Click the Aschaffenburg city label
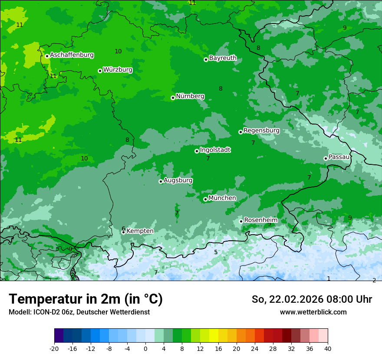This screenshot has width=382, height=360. pyautogui.click(x=72, y=55)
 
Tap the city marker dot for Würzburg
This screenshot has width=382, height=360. pyautogui.click(x=100, y=71)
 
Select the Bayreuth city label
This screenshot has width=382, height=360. pyautogui.click(x=223, y=58)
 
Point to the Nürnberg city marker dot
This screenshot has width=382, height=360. pyautogui.click(x=173, y=98)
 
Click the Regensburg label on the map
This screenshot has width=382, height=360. pyautogui.click(x=261, y=131)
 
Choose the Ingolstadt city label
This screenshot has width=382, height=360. pyautogui.click(x=215, y=150)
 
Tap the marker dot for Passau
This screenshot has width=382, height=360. pyautogui.click(x=326, y=158)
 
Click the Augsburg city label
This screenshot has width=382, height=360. pyautogui.click(x=178, y=180)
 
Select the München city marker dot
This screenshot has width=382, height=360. pyautogui.click(x=205, y=199)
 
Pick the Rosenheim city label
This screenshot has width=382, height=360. pyautogui.click(x=260, y=220)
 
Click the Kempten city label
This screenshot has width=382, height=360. pyautogui.click(x=140, y=231)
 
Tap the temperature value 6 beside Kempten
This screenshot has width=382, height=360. pyautogui.click(x=123, y=229)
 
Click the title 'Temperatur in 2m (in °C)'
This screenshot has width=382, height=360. pyautogui.click(x=86, y=299)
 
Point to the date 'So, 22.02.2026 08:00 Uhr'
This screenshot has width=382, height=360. pyautogui.click(x=312, y=299)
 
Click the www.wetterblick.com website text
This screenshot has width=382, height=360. pyautogui.click(x=313, y=312)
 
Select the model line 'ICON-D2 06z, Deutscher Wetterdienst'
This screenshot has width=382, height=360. pyautogui.click(x=79, y=312)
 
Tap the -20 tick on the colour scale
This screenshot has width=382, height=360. pyautogui.click(x=54, y=349)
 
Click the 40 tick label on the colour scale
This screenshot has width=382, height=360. pyautogui.click(x=328, y=349)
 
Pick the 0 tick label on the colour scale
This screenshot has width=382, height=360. pyautogui.click(x=145, y=349)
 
